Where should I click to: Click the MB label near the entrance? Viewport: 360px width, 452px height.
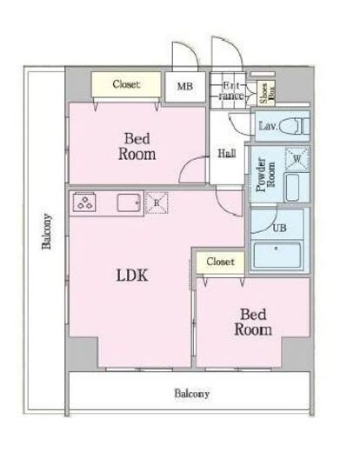pos(185,86)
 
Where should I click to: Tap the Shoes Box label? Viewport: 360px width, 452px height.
pos(267,93)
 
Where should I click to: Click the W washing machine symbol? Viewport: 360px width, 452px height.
pos(297,159)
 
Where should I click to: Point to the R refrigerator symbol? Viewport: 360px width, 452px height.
pos(157,203)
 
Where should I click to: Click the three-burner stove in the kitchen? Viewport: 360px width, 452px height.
pos(84,203)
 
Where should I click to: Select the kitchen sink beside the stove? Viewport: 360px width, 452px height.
pos(129,203)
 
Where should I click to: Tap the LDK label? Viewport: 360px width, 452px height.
pos(132,276)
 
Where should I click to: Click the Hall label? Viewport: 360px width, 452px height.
pos(227,153)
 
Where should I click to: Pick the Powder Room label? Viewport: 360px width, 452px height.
pos(265,175)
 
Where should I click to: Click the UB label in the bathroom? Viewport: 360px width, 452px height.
pos(279,228)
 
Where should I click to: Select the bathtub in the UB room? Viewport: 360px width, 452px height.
pos(277,256)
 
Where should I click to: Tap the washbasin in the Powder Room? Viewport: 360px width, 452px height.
pos(292,188)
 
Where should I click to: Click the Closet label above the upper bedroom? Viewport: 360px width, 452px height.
pos(126,84)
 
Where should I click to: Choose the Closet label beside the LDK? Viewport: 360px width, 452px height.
pos(220,262)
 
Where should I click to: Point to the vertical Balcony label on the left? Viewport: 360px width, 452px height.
pos(47,231)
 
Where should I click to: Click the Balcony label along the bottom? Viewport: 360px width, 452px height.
pos(191,394)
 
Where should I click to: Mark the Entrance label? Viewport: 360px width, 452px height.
pos(231,90)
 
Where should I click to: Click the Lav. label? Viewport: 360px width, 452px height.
pos(268,126)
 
